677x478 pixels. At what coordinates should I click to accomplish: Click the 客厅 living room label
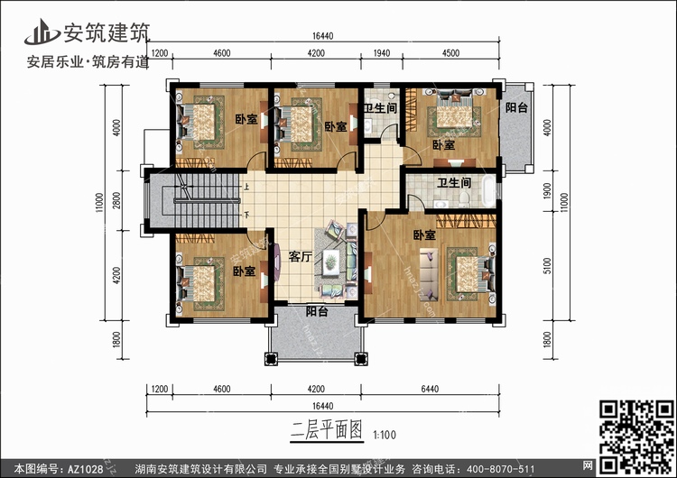300,257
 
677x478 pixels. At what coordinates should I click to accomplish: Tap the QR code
636,437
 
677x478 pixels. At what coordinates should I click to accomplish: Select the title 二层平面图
327,429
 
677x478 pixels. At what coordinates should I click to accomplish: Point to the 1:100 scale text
384,435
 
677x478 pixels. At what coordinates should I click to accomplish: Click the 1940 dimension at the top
381,53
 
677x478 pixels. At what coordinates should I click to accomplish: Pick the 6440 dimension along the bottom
430,389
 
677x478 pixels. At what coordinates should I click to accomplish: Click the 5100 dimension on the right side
548,265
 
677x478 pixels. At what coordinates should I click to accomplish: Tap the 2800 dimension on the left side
116,200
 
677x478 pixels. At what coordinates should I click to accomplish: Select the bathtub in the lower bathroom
488,190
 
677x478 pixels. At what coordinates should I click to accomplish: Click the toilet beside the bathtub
464,199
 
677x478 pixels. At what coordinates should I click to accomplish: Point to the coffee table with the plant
330,261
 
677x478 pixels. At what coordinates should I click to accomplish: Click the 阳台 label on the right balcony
516,107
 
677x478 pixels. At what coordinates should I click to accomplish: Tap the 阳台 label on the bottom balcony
317,311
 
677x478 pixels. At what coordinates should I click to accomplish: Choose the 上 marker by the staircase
246,188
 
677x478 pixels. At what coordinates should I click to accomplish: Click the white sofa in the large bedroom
429,274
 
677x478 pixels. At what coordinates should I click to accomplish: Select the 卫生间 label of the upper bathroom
380,108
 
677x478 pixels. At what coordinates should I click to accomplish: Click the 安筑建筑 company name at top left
107,32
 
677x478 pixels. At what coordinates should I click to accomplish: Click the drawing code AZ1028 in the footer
85,469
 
